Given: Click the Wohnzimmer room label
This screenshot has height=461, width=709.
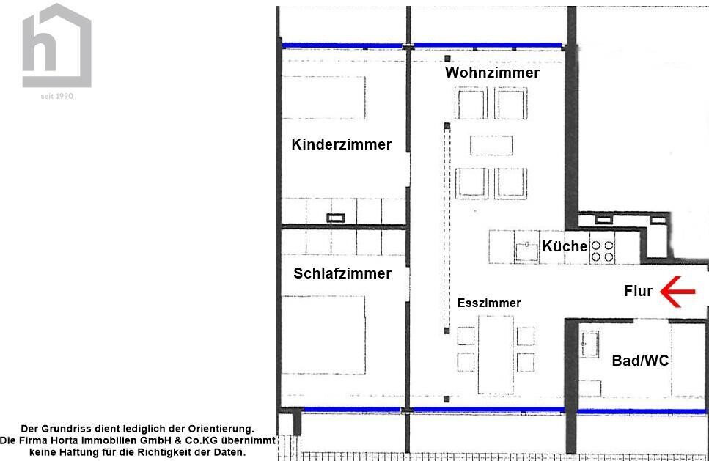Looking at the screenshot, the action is coord(492,73).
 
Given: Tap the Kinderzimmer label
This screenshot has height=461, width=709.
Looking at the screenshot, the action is coord(342,144).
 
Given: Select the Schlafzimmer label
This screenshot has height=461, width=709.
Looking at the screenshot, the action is coord(342,273).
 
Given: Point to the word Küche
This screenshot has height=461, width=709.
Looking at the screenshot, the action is coord(565,246).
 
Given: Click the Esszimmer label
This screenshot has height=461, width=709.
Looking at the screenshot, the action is coord(489,303).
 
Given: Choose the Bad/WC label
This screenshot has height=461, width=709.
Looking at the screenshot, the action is coord(640,361).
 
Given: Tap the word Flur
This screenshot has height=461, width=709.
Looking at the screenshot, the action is coord(639,291).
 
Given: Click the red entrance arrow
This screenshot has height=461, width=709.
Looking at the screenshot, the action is coord(677,292).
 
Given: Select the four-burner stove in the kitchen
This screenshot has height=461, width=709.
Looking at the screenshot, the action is coord(602,251).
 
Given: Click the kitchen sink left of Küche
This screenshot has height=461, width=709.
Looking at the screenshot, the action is coord(526,251).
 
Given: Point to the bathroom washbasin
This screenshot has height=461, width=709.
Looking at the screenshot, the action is coord(589,344).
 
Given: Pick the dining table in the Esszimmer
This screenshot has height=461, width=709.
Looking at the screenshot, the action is coord(496,355).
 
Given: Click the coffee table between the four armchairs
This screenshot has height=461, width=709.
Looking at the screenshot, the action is coord(491,146).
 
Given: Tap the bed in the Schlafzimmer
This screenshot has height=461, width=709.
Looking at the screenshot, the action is coord(323,335).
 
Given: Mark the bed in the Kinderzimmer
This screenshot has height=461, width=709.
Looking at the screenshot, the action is coord(323,97).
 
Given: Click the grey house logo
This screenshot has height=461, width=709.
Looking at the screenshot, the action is coord(56,45).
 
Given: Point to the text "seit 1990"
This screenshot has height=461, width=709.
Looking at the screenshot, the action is coord(56,96).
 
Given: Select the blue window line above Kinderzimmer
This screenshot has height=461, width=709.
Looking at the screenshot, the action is coord(342,45).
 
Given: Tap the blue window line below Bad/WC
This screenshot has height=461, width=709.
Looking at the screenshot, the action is coord(642,412).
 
